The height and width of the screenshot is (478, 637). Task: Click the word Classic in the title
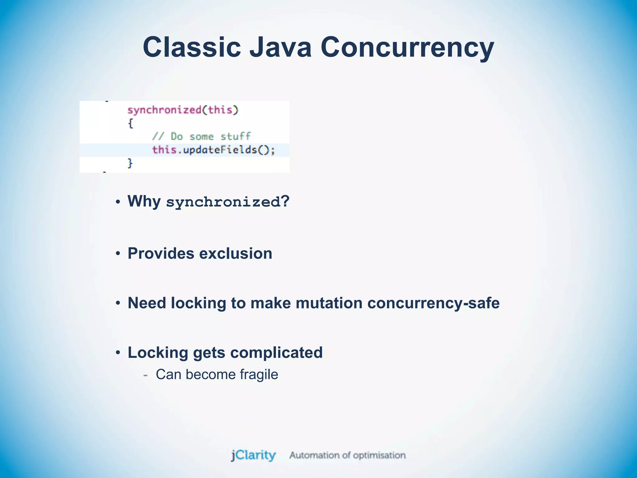pyautogui.click(x=192, y=47)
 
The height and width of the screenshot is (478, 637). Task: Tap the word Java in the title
pyautogui.click(x=281, y=47)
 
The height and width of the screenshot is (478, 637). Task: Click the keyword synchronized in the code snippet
pyautogui.click(x=165, y=110)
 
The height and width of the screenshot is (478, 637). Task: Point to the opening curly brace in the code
pyautogui.click(x=131, y=124)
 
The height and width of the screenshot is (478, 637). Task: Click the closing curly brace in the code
pyautogui.click(x=130, y=163)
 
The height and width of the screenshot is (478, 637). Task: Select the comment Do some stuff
pyautogui.click(x=201, y=137)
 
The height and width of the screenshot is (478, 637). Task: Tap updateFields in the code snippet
pyautogui.click(x=220, y=150)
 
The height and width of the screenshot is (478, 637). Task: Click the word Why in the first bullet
pyautogui.click(x=144, y=201)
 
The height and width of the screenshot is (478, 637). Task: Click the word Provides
pyautogui.click(x=161, y=253)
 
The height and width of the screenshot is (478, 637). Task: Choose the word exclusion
pyautogui.click(x=235, y=253)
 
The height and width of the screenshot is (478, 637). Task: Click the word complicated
pyautogui.click(x=276, y=353)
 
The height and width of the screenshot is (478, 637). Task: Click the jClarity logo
pyautogui.click(x=253, y=455)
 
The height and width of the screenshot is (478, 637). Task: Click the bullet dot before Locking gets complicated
pyautogui.click(x=118, y=353)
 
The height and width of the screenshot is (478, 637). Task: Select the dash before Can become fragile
pyautogui.click(x=145, y=375)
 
